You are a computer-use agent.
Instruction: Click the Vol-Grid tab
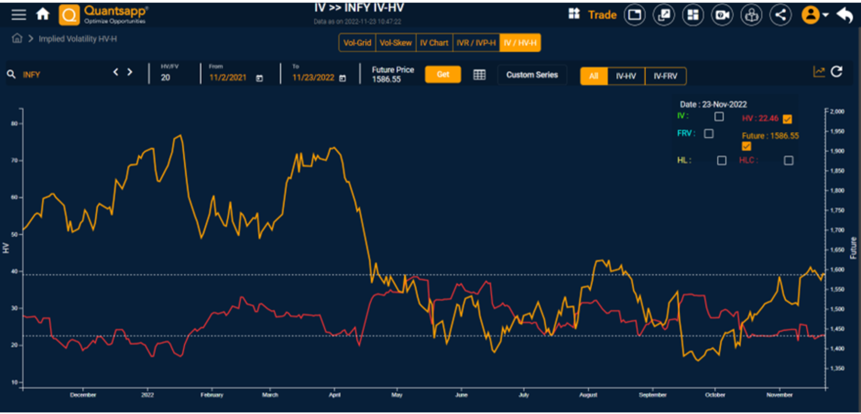357,43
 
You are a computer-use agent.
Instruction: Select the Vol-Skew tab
396,43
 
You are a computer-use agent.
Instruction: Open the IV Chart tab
434,43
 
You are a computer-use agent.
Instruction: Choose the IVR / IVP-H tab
476,43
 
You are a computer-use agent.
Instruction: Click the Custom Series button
532,75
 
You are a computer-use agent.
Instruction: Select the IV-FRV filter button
665,76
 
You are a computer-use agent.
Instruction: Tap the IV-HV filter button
626,76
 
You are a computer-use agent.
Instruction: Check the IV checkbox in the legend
719,116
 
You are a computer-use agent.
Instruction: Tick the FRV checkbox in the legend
709,134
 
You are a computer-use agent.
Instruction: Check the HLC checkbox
788,160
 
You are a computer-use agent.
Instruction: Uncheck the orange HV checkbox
787,119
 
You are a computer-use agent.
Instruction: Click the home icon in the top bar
43,14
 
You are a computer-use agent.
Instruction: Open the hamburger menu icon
18,14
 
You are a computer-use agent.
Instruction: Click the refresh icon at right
836,72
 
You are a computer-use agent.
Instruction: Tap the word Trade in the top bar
602,15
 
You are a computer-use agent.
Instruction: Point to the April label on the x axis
335,395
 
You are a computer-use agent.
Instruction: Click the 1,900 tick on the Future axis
837,151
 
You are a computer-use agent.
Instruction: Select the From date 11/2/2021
228,78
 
